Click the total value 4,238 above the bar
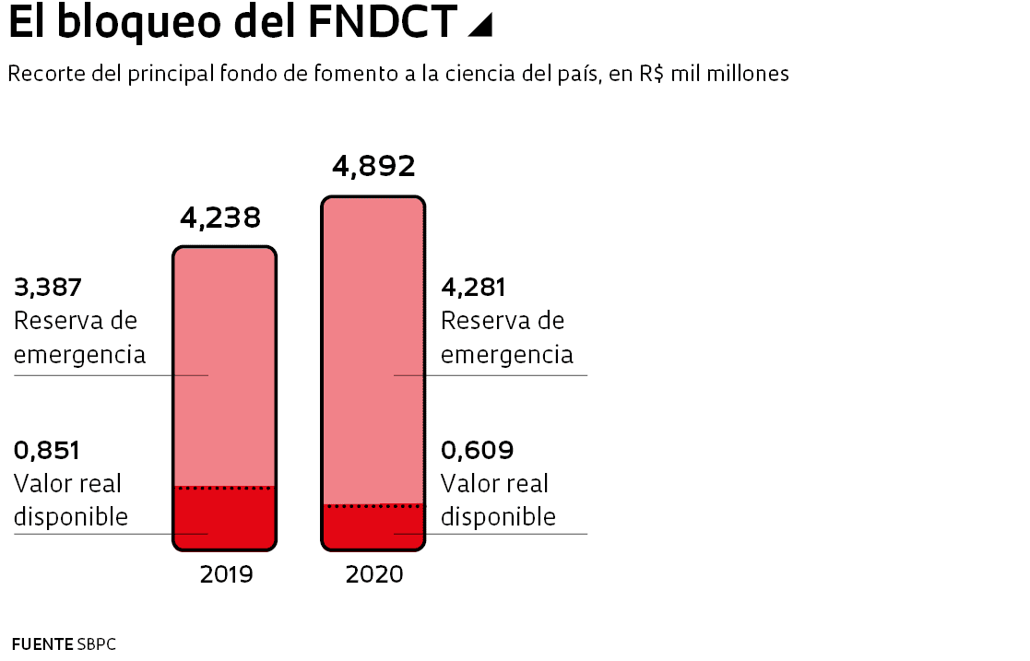click(220, 218)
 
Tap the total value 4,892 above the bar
click(373, 166)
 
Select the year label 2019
click(226, 574)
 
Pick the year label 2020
click(374, 574)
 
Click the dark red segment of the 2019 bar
click(224, 518)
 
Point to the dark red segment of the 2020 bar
click(373, 527)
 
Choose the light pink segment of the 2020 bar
click(373, 350)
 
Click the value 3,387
click(48, 288)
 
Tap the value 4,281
click(474, 288)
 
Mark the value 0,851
click(47, 451)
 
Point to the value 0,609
click(478, 451)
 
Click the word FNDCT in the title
click(383, 23)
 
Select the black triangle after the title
click(480, 27)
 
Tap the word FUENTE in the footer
click(41, 643)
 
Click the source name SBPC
click(97, 643)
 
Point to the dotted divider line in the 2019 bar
click(224, 487)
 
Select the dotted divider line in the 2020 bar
click(373, 505)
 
